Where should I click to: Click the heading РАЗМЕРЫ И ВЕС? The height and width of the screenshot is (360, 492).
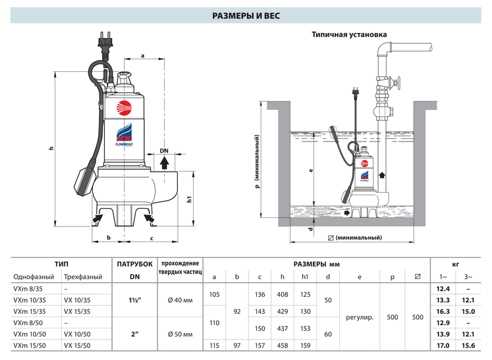(246, 14)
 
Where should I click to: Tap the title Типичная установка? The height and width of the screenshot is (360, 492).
(349, 34)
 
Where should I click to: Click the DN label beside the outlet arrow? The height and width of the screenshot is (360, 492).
(165, 151)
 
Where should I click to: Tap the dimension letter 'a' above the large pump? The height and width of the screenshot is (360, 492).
(142, 55)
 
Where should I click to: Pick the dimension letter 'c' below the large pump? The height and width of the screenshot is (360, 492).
(151, 238)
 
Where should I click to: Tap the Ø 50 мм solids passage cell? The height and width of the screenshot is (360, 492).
(180, 334)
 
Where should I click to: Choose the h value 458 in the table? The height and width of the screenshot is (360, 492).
(282, 345)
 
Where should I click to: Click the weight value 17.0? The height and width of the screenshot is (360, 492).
(443, 345)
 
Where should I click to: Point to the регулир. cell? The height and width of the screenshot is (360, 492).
(359, 317)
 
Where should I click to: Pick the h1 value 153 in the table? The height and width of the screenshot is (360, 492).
(304, 328)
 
